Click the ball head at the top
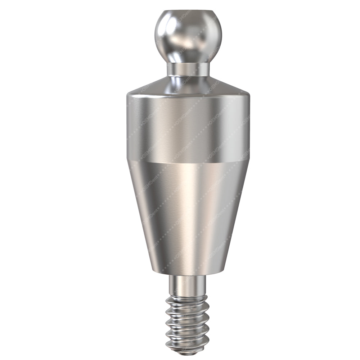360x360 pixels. (188, 36)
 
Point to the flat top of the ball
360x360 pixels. (188, 12)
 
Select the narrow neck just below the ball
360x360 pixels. (188, 69)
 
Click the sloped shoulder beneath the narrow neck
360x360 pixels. (188, 86)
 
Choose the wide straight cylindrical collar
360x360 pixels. (188, 126)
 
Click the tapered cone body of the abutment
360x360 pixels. (188, 212)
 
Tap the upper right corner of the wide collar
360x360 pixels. (248, 95)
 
